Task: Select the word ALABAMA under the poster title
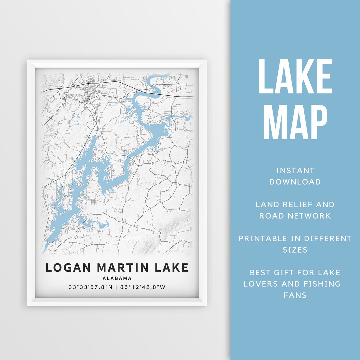click(117, 278)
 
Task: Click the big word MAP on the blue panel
click(295, 122)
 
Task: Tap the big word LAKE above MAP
click(295, 77)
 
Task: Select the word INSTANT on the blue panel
click(295, 171)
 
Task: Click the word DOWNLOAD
click(295, 182)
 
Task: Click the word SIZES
click(295, 250)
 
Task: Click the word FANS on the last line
click(295, 295)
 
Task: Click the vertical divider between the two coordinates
click(116, 287)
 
